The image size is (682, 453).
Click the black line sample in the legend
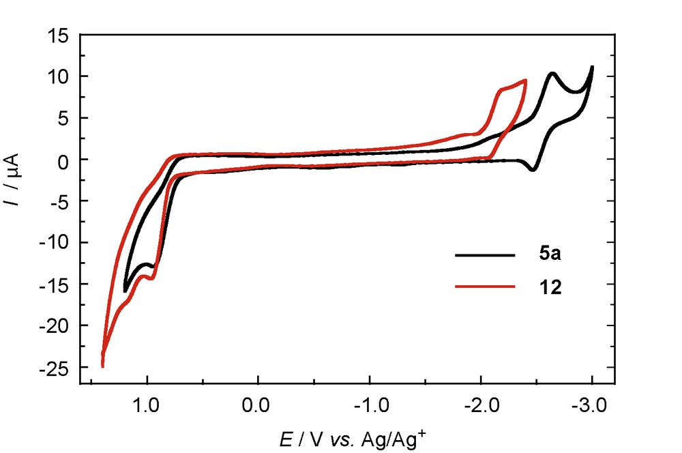(x=484, y=255)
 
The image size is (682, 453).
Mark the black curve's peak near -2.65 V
(x=552, y=73)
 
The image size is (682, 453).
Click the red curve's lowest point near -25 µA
(x=103, y=366)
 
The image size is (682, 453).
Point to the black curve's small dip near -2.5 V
(x=532, y=169)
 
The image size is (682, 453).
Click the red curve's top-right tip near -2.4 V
(x=525, y=81)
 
